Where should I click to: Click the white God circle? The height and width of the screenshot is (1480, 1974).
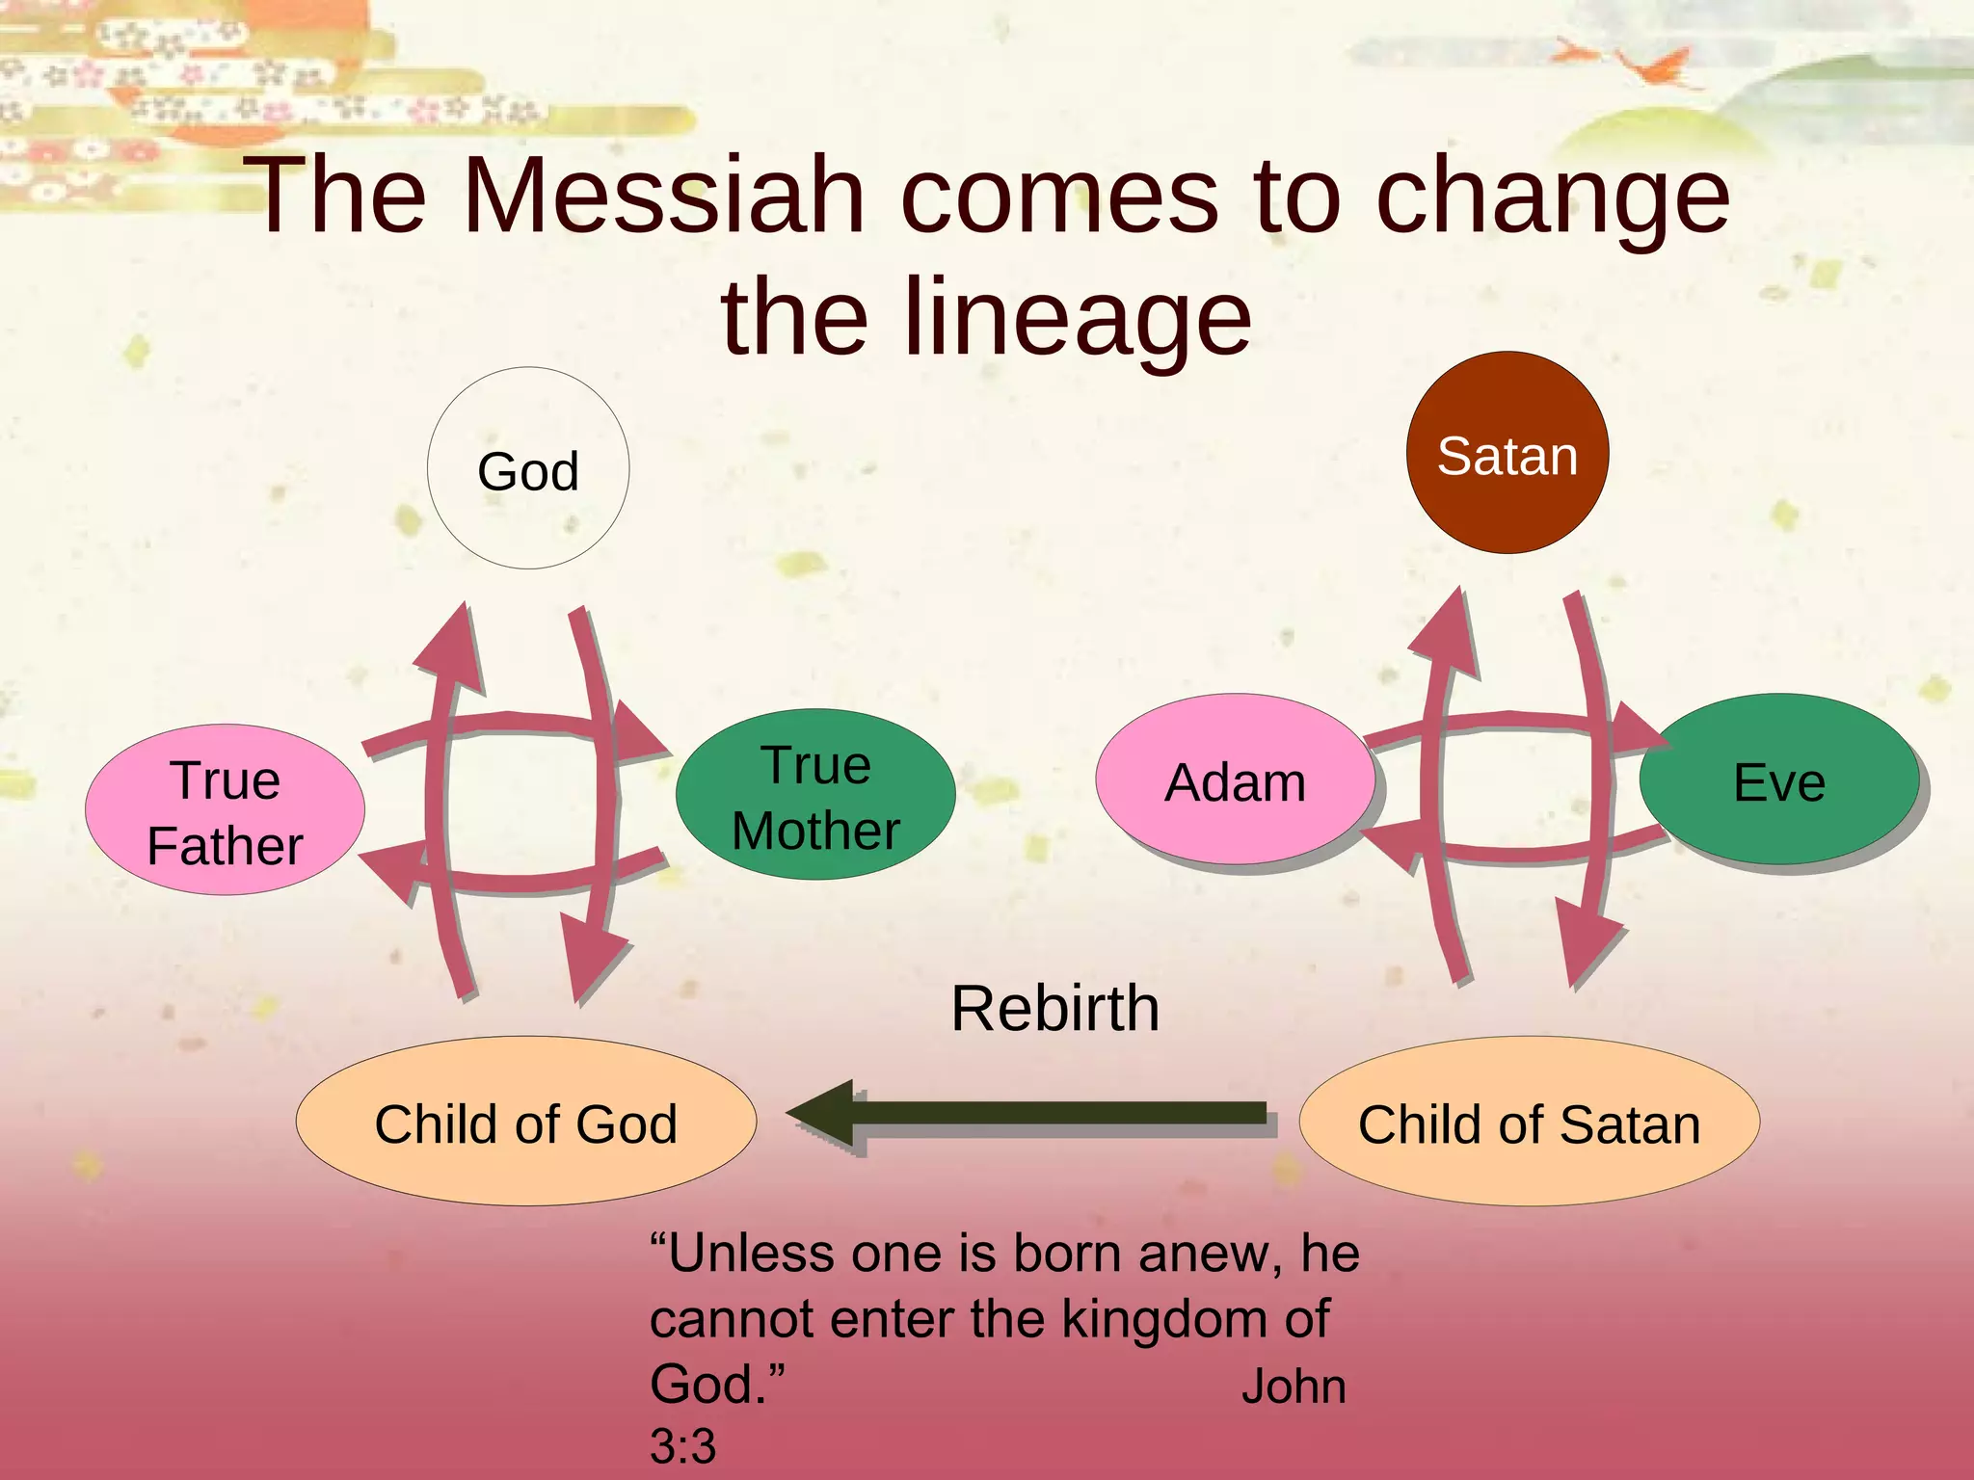tap(528, 468)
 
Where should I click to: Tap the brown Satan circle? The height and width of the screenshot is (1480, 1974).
tap(1507, 453)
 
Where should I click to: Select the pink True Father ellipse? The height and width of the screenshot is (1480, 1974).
tap(225, 810)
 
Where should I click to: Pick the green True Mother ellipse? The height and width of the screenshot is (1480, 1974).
tap(815, 795)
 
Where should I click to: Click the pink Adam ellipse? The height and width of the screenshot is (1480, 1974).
tap(1235, 780)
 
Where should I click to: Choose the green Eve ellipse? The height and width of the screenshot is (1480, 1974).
tap(1779, 780)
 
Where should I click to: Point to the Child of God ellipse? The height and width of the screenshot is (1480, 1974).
tap(526, 1122)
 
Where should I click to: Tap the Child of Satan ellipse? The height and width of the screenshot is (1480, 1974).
tap(1530, 1122)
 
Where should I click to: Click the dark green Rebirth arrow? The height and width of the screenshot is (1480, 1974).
tap(1031, 1114)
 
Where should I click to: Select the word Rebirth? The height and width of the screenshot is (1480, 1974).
tap(1054, 1008)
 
